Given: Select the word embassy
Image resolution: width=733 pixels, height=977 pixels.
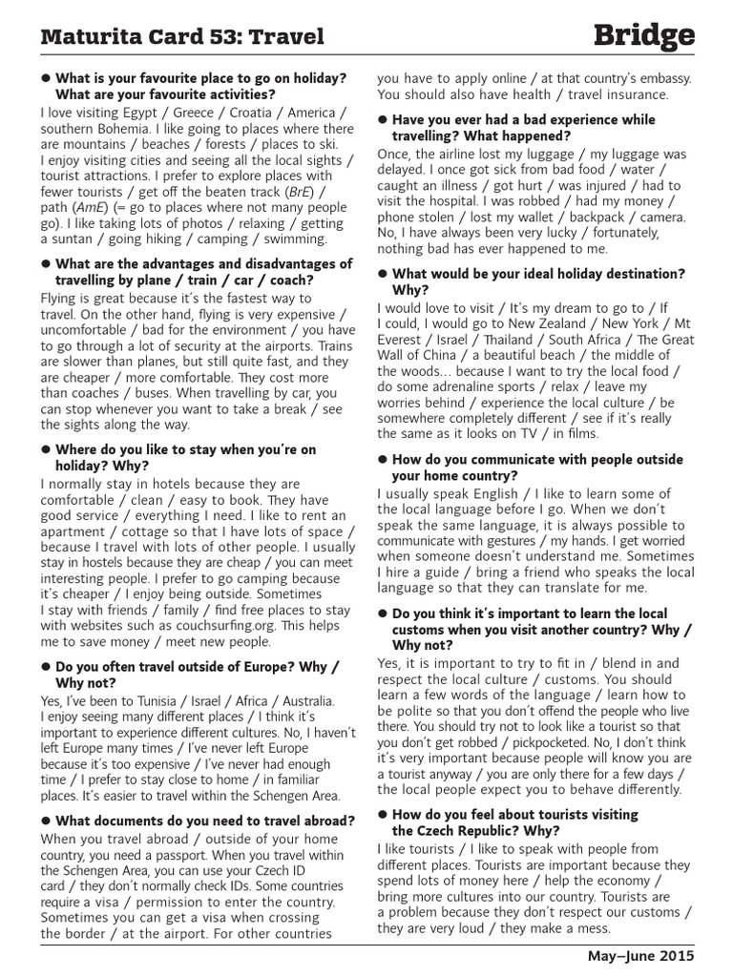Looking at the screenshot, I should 649,78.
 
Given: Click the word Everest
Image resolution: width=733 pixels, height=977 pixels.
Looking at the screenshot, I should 403,340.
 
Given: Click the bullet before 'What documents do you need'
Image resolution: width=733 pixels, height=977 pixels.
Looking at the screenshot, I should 45,821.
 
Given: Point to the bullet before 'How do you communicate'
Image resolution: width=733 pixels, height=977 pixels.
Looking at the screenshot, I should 383,460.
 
